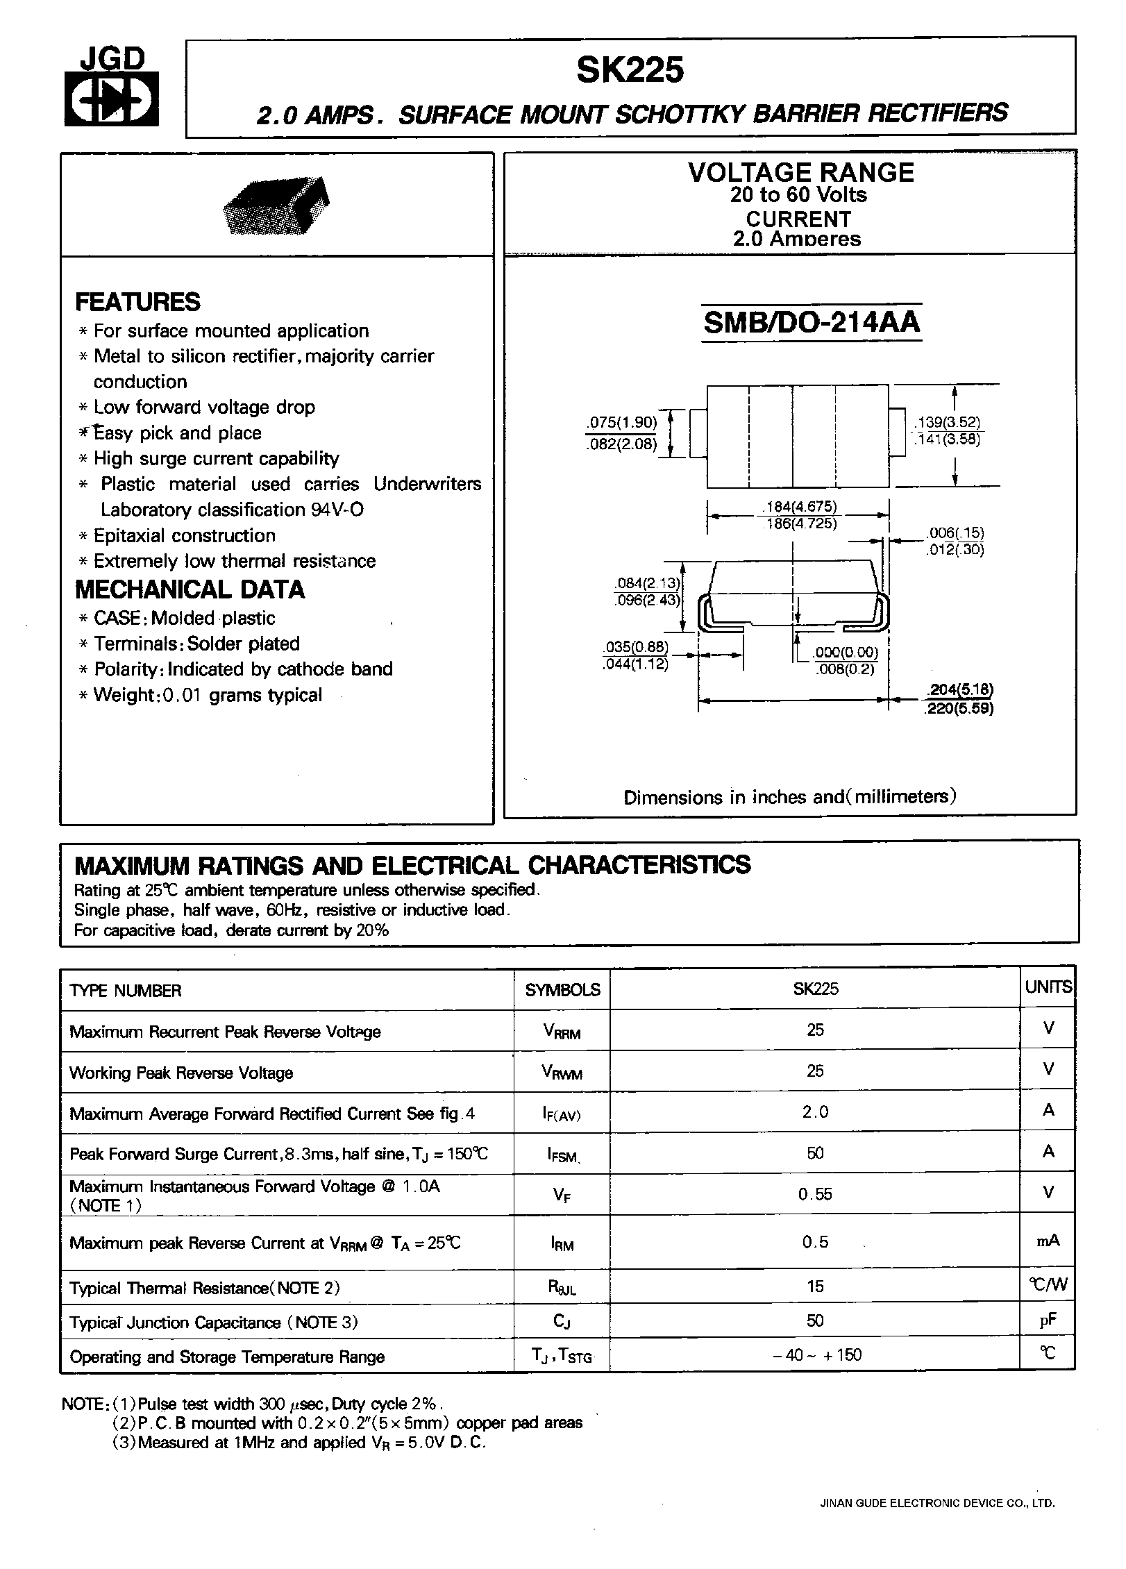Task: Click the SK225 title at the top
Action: tap(630, 70)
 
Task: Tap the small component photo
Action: tap(276, 204)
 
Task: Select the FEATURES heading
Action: tap(137, 302)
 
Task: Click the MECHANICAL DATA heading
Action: tap(190, 589)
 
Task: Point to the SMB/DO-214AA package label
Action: tap(812, 323)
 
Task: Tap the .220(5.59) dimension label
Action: tap(959, 709)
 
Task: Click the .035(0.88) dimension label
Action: tap(636, 647)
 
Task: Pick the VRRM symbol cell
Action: tap(562, 1032)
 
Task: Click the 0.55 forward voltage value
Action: tap(815, 1194)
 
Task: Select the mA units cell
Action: tap(1048, 1241)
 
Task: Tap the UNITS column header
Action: tap(1048, 987)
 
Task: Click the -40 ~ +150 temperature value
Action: tap(816, 1354)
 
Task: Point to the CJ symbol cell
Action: tap(562, 1321)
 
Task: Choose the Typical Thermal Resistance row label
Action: tap(205, 1288)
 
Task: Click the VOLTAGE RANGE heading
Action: tap(801, 172)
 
